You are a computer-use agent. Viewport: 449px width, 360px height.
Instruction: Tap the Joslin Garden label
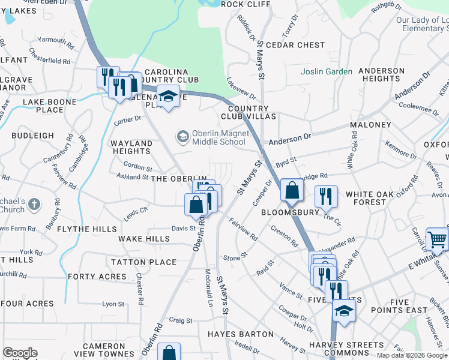pos(327,71)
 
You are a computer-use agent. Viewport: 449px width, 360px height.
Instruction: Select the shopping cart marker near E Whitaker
pos(437,239)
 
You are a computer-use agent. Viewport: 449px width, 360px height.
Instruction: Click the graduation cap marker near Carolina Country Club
pos(169,96)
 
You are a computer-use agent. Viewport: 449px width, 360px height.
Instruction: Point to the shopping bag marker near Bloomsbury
pos(291,191)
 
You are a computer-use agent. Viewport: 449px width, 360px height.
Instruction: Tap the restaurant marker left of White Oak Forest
pos(326,196)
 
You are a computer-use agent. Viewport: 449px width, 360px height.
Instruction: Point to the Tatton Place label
pos(143,262)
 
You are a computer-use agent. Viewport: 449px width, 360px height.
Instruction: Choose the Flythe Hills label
pos(87,229)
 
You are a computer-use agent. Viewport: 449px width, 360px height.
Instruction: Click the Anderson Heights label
pos(382,74)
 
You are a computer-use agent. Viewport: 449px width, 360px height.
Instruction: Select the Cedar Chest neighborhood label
pos(295,45)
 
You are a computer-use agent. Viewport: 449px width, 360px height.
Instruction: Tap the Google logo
pos(20,353)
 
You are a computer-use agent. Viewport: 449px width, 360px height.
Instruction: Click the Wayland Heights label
pos(131,148)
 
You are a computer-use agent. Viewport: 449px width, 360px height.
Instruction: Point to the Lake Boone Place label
pos(50,106)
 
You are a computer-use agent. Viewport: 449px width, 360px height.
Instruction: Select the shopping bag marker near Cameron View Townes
pos(170,354)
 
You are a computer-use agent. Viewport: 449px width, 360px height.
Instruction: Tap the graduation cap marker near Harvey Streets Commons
pos(344,311)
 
